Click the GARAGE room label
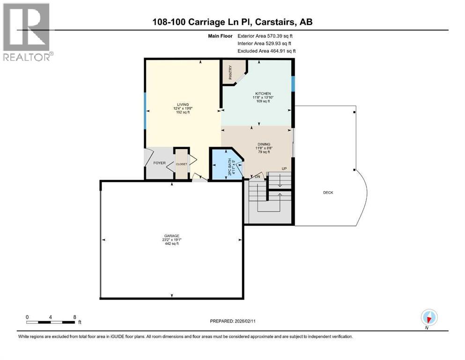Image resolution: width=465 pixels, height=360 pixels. pyautogui.click(x=172, y=236)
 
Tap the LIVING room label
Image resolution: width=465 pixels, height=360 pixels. pyautogui.click(x=182, y=105)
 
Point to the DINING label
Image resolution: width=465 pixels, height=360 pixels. pyautogui.click(x=263, y=144)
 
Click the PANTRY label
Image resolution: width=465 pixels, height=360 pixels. pyautogui.click(x=230, y=72)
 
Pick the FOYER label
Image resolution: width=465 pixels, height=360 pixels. pyautogui.click(x=160, y=163)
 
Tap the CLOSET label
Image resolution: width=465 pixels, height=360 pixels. pyautogui.click(x=181, y=164)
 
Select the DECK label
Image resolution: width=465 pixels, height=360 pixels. pyautogui.click(x=328, y=193)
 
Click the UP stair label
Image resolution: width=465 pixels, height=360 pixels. pyautogui.click(x=284, y=169)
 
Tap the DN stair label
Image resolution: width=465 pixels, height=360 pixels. pyautogui.click(x=257, y=177)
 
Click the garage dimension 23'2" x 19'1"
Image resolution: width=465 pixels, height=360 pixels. pyautogui.click(x=172, y=240)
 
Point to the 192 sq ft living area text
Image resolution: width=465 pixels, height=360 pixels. pyautogui.click(x=182, y=113)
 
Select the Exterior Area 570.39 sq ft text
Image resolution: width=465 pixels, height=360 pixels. pyautogui.click(x=267, y=36)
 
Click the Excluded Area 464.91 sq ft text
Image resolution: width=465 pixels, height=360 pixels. pyautogui.click(x=267, y=51)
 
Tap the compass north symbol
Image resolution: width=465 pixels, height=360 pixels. pyautogui.click(x=429, y=317)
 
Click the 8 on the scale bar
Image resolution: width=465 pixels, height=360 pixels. pyautogui.click(x=74, y=316)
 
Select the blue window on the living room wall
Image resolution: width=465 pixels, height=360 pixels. pyautogui.click(x=145, y=110)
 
